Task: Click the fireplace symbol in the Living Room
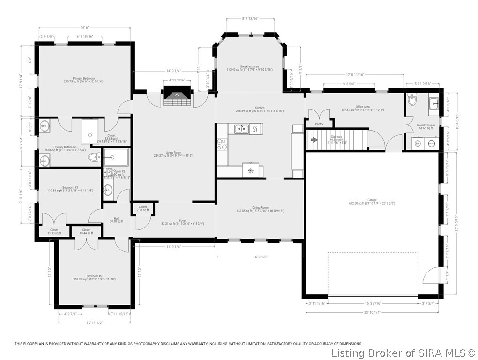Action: pos(177,95)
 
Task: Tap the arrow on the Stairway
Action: pos(314,139)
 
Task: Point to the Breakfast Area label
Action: pos(249,67)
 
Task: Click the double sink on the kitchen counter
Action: pos(242,128)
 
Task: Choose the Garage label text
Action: pos(369,200)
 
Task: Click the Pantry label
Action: pos(319,124)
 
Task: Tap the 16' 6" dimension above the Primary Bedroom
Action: pos(84,28)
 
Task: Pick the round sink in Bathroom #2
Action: pos(108,190)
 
